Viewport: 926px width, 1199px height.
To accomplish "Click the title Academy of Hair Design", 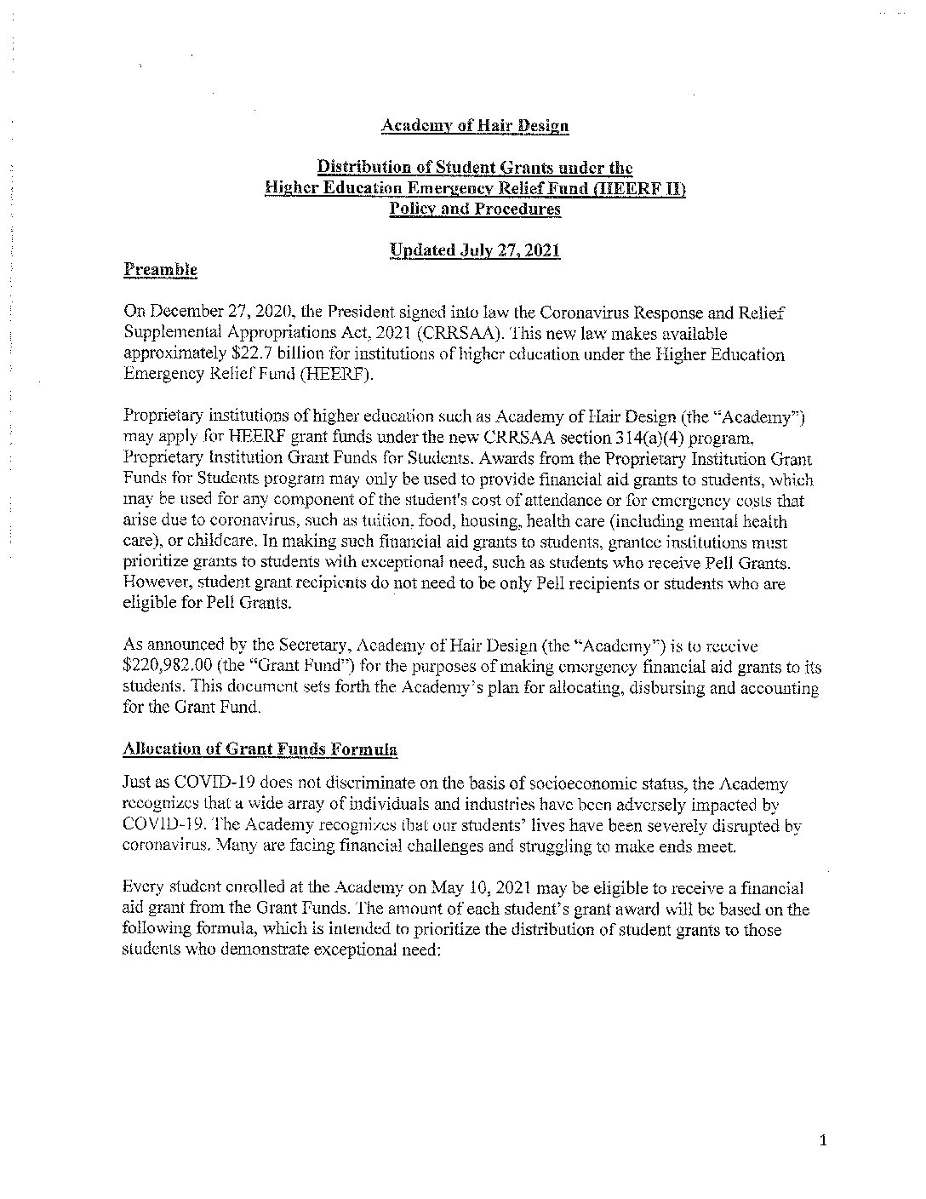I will tap(475, 126).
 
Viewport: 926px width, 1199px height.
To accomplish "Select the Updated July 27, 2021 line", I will tap(475, 250).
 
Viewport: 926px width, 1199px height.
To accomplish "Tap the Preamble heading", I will tap(161, 271).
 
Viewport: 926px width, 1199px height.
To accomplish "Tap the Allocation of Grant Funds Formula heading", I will tap(260, 749).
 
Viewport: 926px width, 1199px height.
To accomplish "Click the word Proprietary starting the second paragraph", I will tap(161, 417).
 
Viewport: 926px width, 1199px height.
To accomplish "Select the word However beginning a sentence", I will tap(157, 584).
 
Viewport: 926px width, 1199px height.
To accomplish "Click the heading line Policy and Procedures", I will tap(475, 209).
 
